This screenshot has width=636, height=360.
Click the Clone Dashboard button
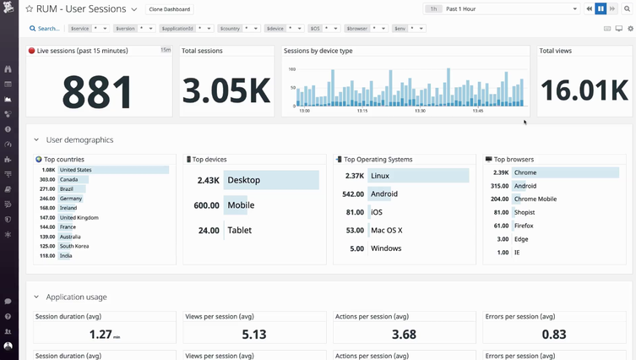[x=169, y=9]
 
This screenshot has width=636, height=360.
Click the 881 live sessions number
[x=97, y=90]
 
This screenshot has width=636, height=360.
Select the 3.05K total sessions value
[x=226, y=90]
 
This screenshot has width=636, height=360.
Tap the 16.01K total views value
[x=584, y=90]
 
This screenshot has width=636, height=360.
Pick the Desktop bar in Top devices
[x=270, y=180]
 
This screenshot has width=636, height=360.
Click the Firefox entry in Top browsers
[x=525, y=226]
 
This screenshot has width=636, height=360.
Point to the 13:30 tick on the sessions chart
[x=420, y=111]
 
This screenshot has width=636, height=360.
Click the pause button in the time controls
[x=601, y=9]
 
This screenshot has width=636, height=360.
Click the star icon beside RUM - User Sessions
[x=29, y=9]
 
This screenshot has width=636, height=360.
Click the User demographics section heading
[x=79, y=140]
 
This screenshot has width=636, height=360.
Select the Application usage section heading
[x=76, y=297]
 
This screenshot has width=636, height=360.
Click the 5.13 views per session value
[x=253, y=335]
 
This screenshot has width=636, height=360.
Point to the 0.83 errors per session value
[x=554, y=335]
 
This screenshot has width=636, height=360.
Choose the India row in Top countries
[x=66, y=256]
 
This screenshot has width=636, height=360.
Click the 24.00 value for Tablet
[x=208, y=230]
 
